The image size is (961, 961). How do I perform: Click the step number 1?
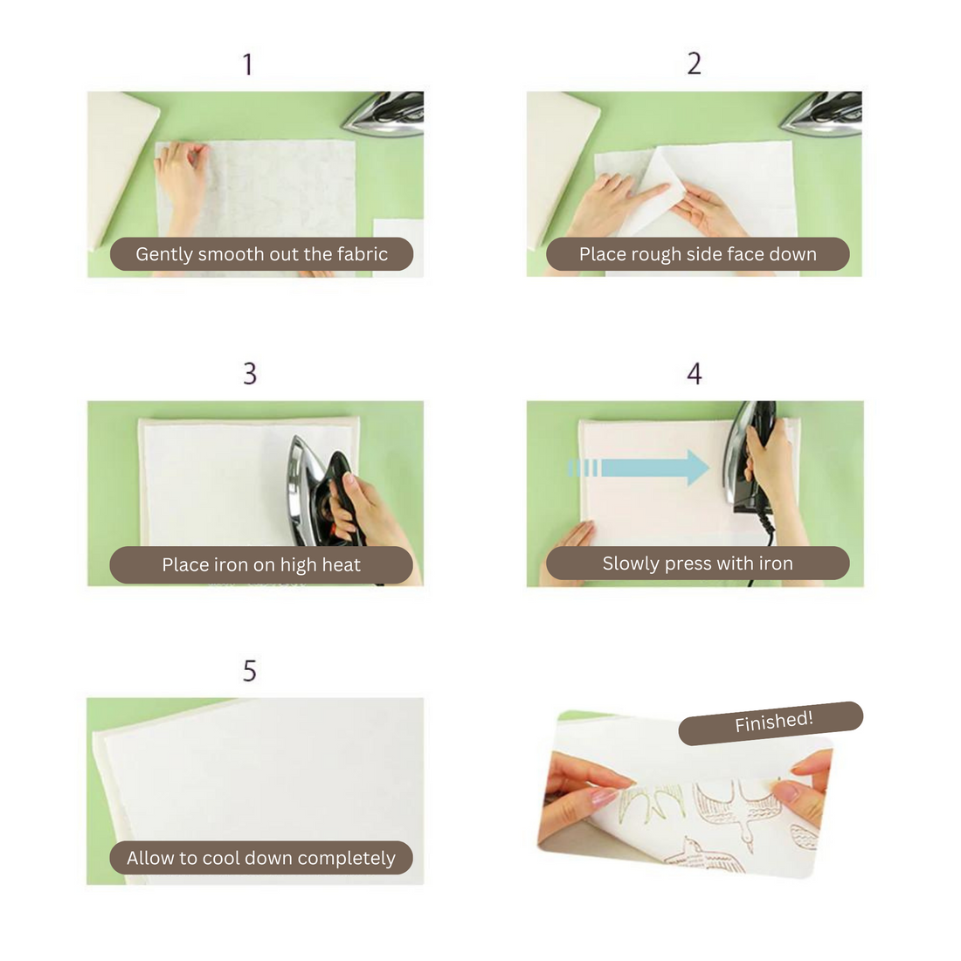coord(247,65)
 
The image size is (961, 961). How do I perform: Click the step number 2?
coord(694,64)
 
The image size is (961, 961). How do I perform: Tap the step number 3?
coord(250,373)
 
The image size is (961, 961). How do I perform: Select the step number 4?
coord(695,373)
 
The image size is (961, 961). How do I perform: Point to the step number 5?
coord(250,671)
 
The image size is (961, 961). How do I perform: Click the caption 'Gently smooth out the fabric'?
coord(262,253)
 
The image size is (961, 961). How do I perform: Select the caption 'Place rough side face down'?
coord(697,253)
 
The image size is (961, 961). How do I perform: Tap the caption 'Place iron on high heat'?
coord(261,564)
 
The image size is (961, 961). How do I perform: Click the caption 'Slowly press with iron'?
coord(697,563)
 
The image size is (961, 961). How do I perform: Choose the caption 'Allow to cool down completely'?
coord(261,857)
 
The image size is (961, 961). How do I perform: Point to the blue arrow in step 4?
coord(640,467)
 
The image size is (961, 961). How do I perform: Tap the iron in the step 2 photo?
coord(822,114)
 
